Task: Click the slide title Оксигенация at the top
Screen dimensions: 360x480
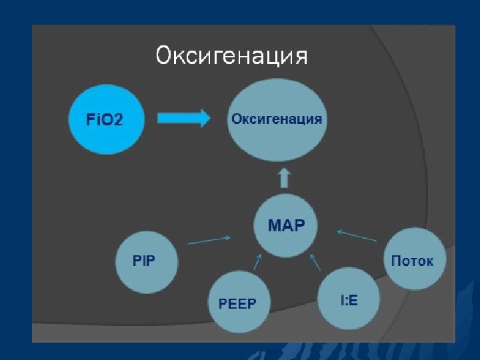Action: [x=231, y=56]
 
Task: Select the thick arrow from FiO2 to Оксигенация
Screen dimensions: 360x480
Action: [x=184, y=118]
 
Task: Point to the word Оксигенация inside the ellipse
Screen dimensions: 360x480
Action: [x=277, y=119]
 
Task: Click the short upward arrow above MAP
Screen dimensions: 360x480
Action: [x=284, y=177]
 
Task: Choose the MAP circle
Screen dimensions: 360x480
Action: [x=287, y=225]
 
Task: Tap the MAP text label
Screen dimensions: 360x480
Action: [x=287, y=225]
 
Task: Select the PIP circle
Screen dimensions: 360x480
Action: [x=147, y=261]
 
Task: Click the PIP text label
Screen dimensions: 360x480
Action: [x=144, y=261]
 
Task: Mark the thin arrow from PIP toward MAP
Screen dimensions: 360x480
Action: [x=210, y=240]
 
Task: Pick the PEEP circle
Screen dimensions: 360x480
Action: [x=238, y=303]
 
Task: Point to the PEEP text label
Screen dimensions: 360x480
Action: [x=238, y=304]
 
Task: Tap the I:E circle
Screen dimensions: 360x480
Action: [x=349, y=300]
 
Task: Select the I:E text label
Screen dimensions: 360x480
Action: [x=349, y=301]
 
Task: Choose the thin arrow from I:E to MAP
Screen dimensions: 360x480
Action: [x=315, y=261]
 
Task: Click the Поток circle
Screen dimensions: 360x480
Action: [x=413, y=260]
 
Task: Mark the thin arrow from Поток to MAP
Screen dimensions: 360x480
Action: [x=357, y=235]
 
